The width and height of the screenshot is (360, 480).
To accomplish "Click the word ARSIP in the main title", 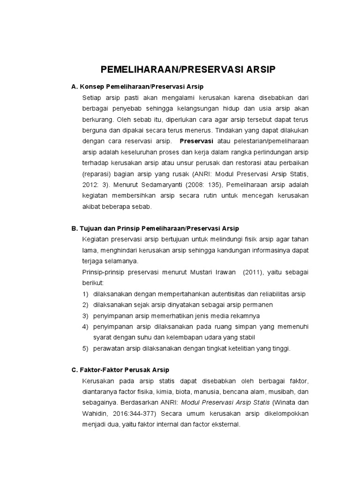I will (256, 70).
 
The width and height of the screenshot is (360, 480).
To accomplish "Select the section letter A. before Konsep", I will (74, 87).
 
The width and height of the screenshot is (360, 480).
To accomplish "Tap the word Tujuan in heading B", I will (93, 228).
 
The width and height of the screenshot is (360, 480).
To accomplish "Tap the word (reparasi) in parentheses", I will (96, 173).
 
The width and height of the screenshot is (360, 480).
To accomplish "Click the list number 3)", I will (85, 315).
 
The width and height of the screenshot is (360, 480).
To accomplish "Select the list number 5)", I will (85, 348).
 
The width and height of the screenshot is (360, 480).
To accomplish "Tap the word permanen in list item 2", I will (236, 305).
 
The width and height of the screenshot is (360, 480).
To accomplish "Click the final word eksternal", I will (225, 424).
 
